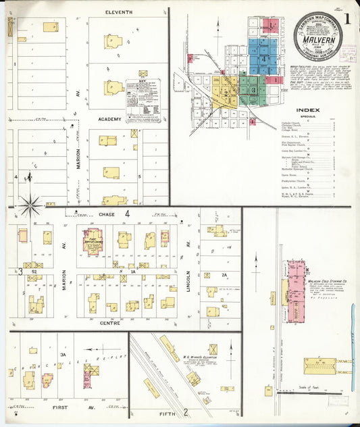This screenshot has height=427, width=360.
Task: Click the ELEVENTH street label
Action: click(120, 13)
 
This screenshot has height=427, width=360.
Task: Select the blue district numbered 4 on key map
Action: click(265, 57)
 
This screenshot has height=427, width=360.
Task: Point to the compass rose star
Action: click(29, 201)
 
